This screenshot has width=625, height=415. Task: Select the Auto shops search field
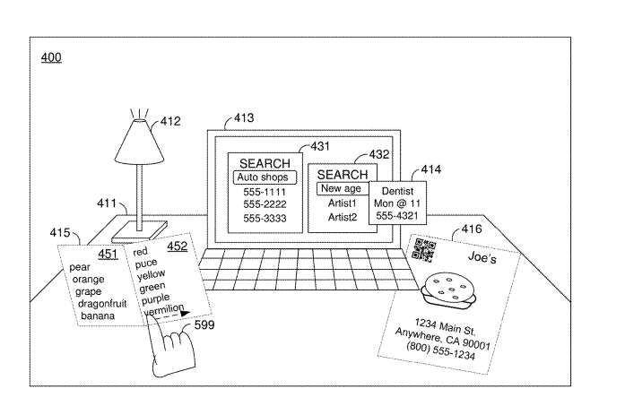tap(265, 177)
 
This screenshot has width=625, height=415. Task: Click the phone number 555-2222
tap(265, 204)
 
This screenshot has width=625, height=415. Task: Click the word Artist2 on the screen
tap(342, 217)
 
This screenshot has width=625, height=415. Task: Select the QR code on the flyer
tap(423, 250)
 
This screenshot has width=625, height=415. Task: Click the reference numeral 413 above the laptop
tap(243, 117)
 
